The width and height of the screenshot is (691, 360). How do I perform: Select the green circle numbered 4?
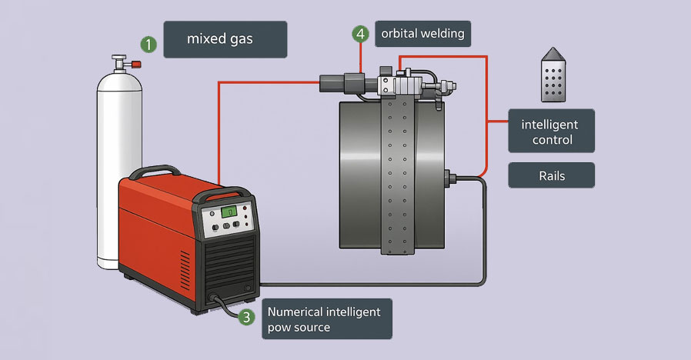point(360,34)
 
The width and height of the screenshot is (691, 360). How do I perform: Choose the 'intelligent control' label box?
point(551,132)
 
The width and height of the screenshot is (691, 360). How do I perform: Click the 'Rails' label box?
point(551,175)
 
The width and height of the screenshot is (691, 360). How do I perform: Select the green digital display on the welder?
point(228,212)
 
